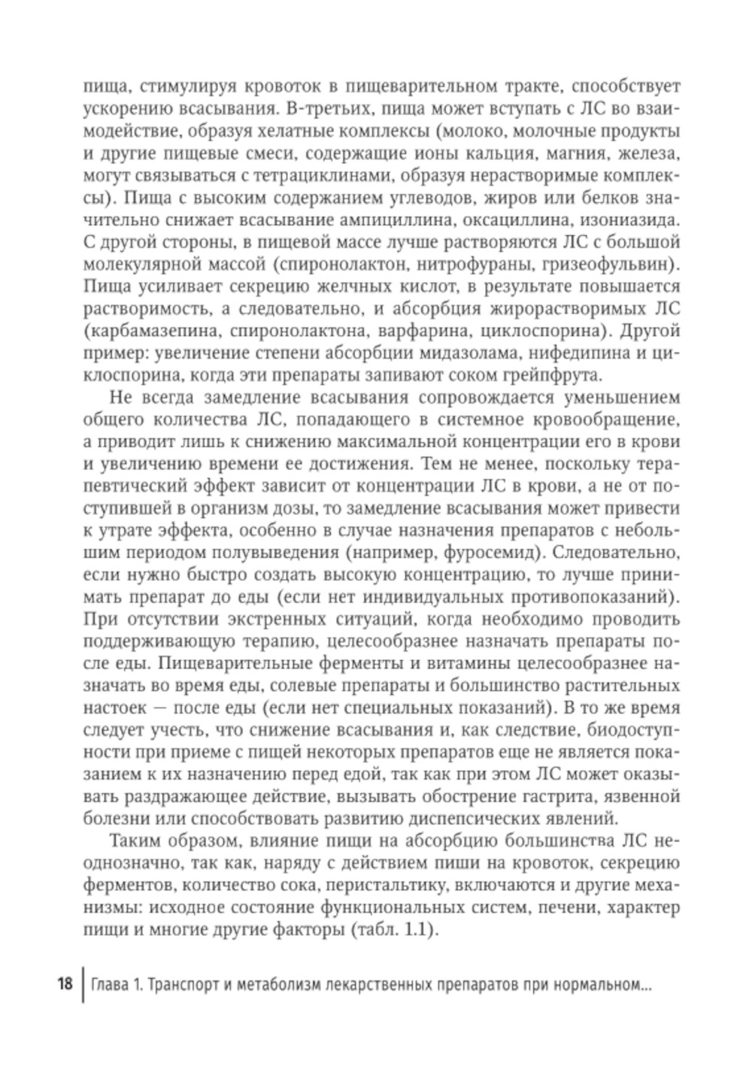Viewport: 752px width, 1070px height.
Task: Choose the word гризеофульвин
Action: pyautogui.click(x=615, y=265)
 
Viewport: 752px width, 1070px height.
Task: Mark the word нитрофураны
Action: pyautogui.click(x=487, y=265)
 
